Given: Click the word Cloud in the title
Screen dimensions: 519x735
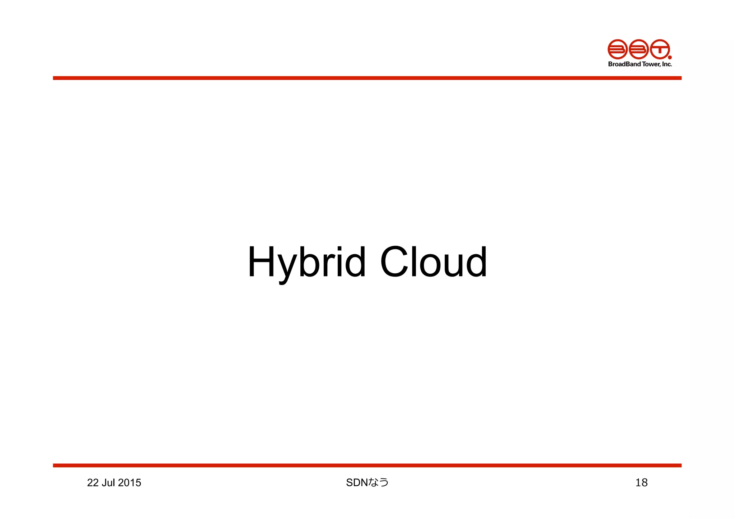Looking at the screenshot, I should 433,262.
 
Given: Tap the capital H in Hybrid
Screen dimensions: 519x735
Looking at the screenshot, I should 261,262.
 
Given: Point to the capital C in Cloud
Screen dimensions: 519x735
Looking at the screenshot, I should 394,262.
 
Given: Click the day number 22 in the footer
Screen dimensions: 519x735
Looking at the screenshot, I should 93,483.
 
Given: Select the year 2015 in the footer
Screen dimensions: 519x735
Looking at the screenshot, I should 130,483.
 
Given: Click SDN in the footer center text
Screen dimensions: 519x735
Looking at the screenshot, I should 357,483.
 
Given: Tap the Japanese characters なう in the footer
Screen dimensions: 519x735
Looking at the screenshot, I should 379,483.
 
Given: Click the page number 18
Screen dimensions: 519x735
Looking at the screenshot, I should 641,483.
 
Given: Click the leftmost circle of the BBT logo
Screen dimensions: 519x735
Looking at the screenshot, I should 617,49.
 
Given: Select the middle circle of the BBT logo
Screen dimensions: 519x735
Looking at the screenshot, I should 638,49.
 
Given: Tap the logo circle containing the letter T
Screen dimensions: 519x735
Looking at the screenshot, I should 660,49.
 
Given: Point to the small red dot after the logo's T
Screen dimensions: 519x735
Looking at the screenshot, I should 670,57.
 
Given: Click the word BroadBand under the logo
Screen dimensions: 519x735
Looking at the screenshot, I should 624,64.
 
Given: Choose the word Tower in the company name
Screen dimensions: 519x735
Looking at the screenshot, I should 651,64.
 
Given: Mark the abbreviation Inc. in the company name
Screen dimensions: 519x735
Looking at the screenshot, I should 667,64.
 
